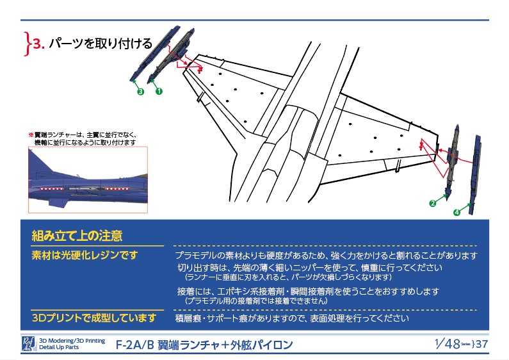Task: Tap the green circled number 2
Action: point(433,204)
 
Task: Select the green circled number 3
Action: point(140,91)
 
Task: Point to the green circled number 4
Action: point(456,212)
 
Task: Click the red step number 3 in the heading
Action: point(38,44)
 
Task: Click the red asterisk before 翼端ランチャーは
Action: point(30,135)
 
